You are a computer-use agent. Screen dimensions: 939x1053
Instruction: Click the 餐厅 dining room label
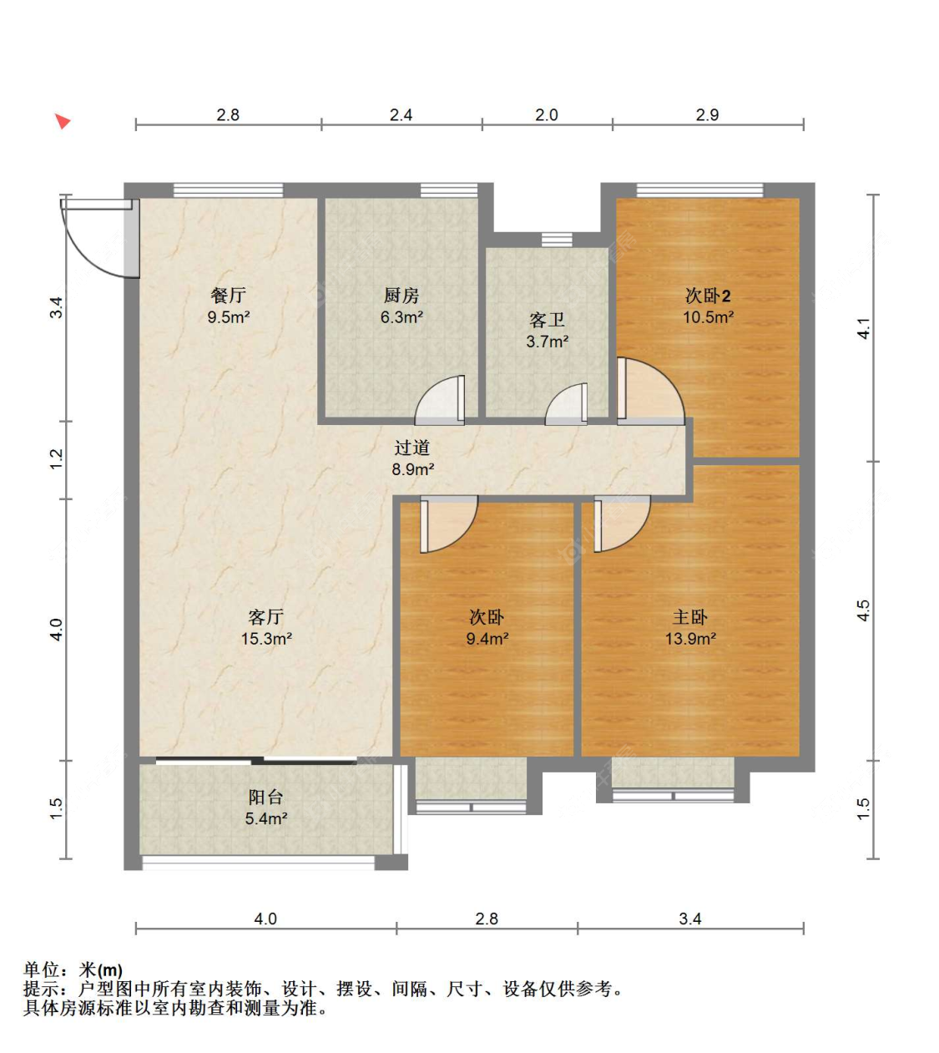pyautogui.click(x=228, y=296)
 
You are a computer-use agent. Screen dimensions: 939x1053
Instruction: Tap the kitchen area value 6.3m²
pyautogui.click(x=401, y=317)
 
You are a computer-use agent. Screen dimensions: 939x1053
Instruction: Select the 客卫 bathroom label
pyautogui.click(x=547, y=320)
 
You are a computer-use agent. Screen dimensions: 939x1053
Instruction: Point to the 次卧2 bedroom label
pyautogui.click(x=708, y=296)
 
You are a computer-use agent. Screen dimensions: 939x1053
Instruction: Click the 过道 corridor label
pyautogui.click(x=412, y=448)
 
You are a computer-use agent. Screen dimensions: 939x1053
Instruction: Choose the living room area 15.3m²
pyautogui.click(x=266, y=638)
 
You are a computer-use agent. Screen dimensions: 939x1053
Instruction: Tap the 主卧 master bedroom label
pyautogui.click(x=690, y=617)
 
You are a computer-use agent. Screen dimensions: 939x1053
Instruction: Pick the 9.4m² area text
pyautogui.click(x=487, y=638)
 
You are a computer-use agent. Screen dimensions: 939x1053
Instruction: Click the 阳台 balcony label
pyautogui.click(x=265, y=797)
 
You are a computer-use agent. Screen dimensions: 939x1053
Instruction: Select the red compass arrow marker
pyautogui.click(x=63, y=121)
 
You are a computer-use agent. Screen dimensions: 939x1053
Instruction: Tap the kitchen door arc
pyautogui.click(x=439, y=400)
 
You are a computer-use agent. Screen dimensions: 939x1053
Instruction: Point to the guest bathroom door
pyautogui.click(x=567, y=404)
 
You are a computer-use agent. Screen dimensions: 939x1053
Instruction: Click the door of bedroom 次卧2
pyautogui.click(x=650, y=392)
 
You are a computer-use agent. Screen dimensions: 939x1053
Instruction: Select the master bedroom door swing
pyautogui.click(x=622, y=524)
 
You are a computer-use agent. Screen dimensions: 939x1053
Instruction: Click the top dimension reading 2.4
pyautogui.click(x=401, y=115)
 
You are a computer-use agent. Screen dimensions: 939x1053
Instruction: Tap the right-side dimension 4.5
pyautogui.click(x=862, y=610)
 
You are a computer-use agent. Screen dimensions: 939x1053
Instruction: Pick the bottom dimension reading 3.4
pyautogui.click(x=690, y=919)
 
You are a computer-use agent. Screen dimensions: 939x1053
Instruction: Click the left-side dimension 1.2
pyautogui.click(x=56, y=459)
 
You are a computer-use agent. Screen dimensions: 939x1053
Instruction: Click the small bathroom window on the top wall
pyautogui.click(x=557, y=240)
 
